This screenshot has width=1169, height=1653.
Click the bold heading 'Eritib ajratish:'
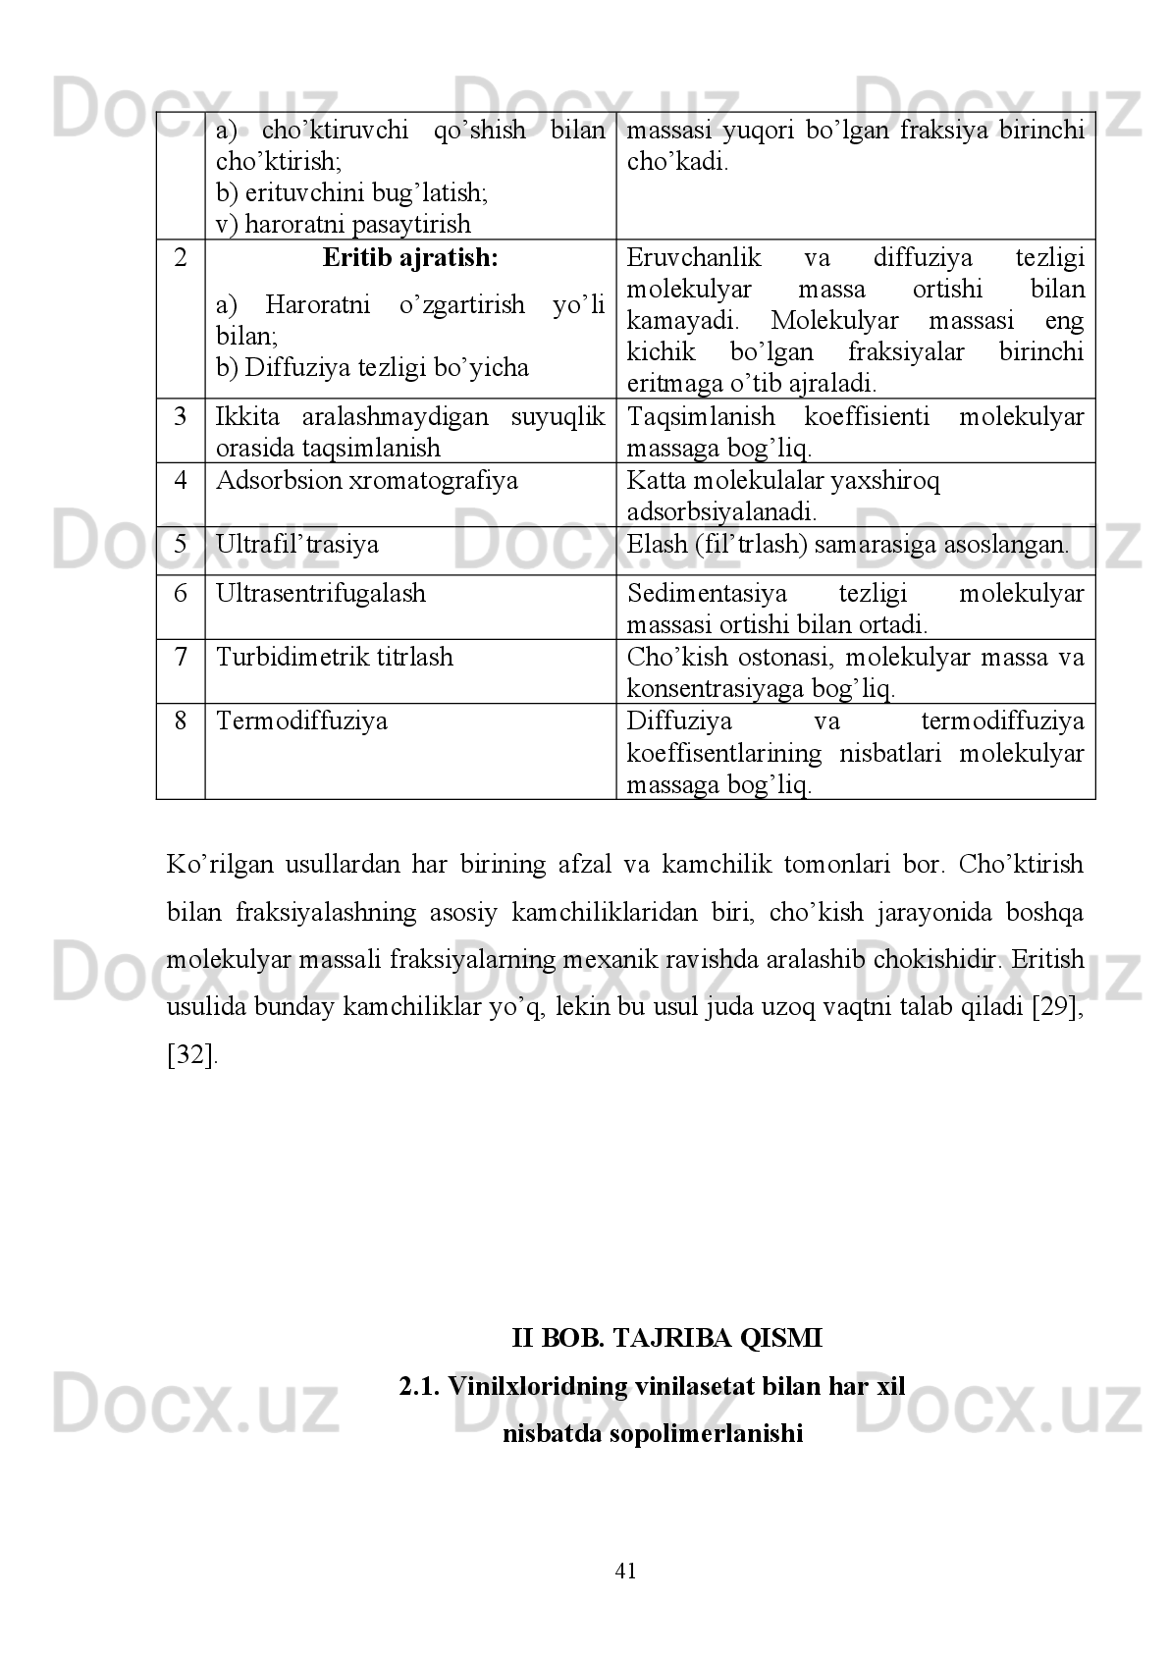click(410, 258)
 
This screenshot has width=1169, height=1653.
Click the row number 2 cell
click(181, 259)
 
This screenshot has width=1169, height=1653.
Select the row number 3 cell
click(181, 417)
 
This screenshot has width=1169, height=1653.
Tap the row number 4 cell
click(181, 481)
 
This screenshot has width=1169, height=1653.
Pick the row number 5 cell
click(181, 545)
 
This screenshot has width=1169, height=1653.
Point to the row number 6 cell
click(181, 593)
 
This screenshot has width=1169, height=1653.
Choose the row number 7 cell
click(181, 657)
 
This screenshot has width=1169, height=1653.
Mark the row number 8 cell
click(181, 721)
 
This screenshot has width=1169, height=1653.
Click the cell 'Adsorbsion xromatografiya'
click(367, 481)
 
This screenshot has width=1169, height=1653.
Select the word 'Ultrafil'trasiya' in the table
click(297, 545)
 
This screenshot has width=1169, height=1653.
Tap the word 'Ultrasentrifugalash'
click(321, 593)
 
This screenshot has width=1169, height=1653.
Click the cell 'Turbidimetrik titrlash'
click(335, 657)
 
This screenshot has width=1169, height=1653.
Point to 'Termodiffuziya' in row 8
click(301, 721)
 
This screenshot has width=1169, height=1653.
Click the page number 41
click(625, 1571)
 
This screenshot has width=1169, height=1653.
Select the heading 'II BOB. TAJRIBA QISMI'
click(666, 1338)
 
